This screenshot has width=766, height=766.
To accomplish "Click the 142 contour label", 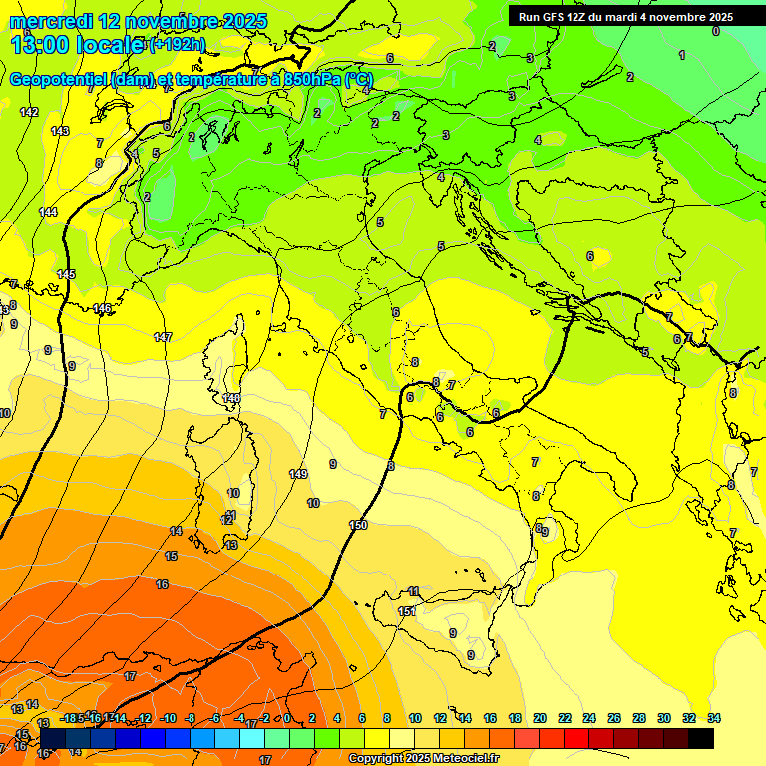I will [x=29, y=112].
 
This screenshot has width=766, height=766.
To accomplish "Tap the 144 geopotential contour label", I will [x=48, y=212].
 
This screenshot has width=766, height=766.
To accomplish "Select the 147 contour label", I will [x=163, y=337].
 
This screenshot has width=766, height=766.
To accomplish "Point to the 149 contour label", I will [x=298, y=474].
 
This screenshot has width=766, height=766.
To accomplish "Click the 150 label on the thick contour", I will [x=359, y=525].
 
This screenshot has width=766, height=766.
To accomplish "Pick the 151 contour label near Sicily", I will [x=407, y=611].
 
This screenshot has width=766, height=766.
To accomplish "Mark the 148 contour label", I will [x=231, y=398].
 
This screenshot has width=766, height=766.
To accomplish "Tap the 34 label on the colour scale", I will [x=713, y=718].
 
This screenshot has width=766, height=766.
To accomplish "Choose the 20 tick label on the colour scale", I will [x=540, y=718].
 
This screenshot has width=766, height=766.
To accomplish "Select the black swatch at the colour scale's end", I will [x=701, y=738].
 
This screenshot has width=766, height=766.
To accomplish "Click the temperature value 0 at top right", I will [x=715, y=31].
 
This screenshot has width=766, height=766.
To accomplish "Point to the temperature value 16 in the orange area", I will [x=162, y=584].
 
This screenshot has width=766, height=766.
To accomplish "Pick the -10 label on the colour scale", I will [x=168, y=718].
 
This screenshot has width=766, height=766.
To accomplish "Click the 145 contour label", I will [x=66, y=274].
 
